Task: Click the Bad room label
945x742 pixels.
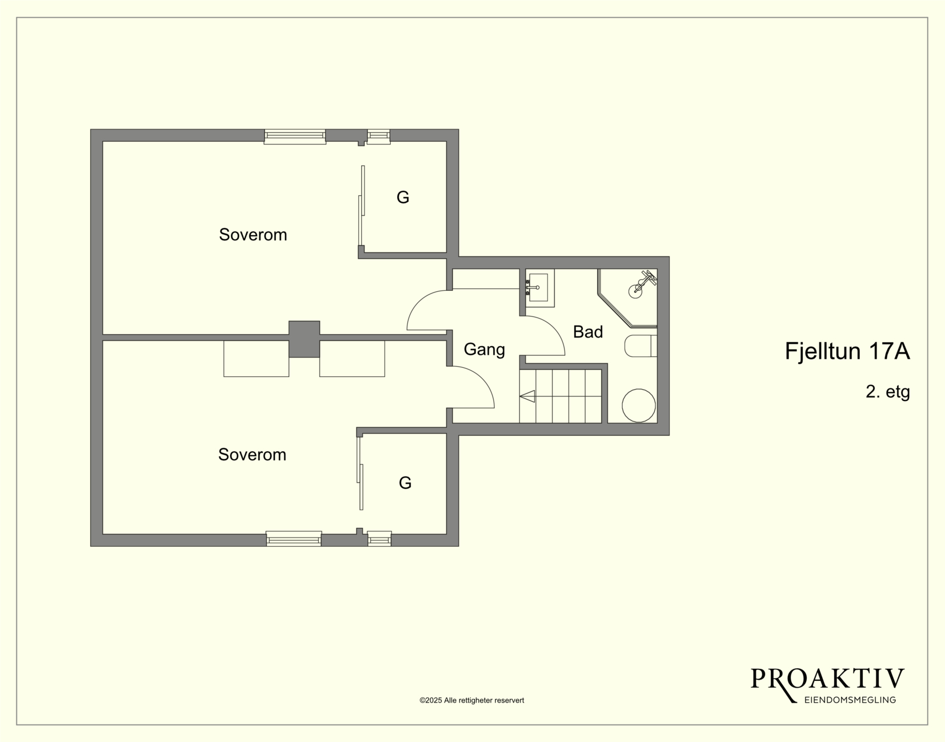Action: pyautogui.click(x=588, y=332)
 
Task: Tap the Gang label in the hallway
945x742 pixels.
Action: pyautogui.click(x=484, y=350)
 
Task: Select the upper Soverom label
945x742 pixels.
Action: pyautogui.click(x=253, y=235)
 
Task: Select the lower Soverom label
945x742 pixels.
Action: pyautogui.click(x=252, y=455)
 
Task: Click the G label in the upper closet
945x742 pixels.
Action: pyautogui.click(x=403, y=197)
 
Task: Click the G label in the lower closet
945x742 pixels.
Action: pyautogui.click(x=405, y=483)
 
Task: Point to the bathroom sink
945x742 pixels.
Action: pyautogui.click(x=540, y=288)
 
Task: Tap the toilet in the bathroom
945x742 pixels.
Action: pyautogui.click(x=640, y=346)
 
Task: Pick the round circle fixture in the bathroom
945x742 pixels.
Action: pyautogui.click(x=638, y=406)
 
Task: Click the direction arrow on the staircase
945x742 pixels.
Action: pyautogui.click(x=527, y=396)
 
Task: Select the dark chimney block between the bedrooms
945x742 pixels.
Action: pyautogui.click(x=305, y=339)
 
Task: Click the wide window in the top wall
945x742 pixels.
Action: pyautogui.click(x=295, y=137)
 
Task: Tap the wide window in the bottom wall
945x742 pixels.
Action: pyautogui.click(x=294, y=539)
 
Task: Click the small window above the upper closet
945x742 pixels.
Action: pyautogui.click(x=379, y=137)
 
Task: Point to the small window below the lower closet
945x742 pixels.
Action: pyautogui.click(x=379, y=539)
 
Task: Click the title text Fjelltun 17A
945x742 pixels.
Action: pyautogui.click(x=847, y=351)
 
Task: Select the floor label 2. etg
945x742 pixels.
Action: pyautogui.click(x=888, y=392)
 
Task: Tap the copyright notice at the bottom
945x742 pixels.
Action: pyautogui.click(x=472, y=700)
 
